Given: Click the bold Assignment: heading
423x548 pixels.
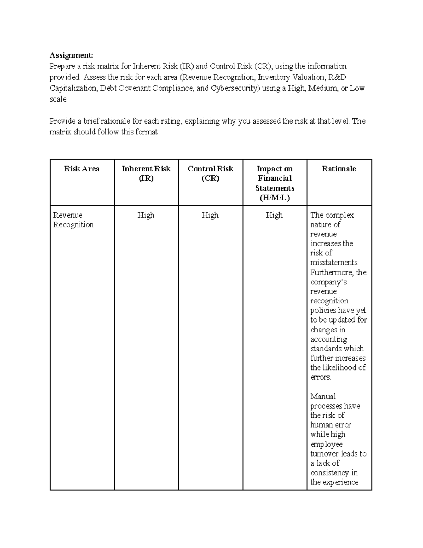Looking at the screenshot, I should point(72,55).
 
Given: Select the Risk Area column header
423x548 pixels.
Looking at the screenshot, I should point(82,169).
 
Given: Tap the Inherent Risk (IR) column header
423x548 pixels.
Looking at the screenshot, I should point(146,173).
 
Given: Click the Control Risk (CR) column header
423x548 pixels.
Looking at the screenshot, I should point(210,173).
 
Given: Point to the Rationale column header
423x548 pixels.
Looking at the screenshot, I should point(339,169).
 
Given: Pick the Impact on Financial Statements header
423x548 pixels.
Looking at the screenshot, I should point(275,183).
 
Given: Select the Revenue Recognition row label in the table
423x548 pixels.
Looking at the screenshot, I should point(73,220).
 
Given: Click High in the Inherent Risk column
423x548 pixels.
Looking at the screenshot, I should point(146,215).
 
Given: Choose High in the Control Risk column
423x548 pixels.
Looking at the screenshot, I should point(210,215).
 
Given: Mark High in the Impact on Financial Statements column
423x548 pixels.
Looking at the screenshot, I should point(274,215).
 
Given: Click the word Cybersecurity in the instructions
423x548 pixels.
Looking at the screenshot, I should point(234,88).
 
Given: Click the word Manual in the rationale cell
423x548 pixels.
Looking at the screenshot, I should point(323,396).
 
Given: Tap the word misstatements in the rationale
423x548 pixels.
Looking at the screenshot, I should point(334,263).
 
